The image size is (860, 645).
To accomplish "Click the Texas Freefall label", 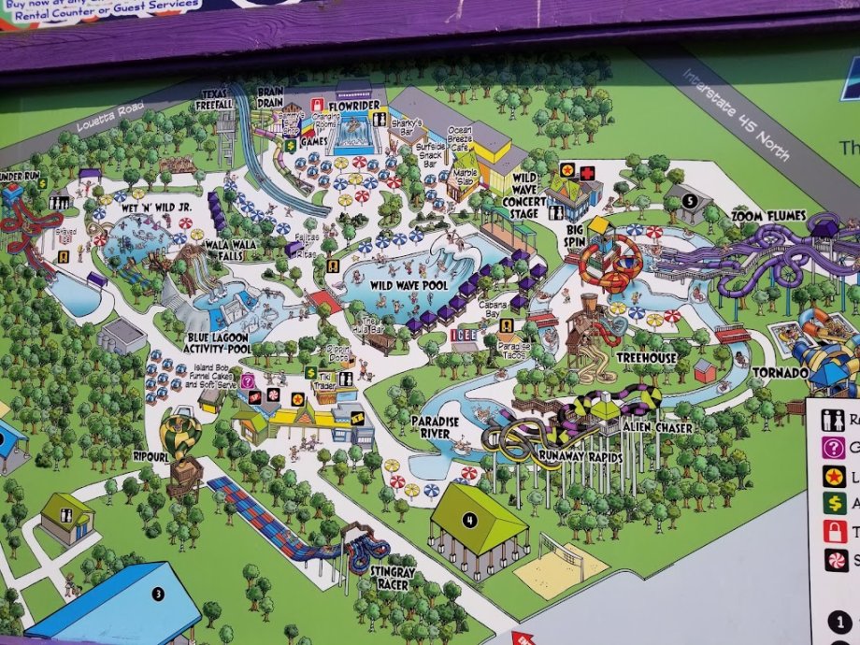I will click(x=216, y=99).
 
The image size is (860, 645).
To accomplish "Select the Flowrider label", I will click(x=356, y=105).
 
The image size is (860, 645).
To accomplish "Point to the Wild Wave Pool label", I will click(x=408, y=284).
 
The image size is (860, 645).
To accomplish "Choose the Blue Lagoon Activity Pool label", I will click(x=218, y=343).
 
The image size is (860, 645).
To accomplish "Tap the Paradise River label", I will click(x=435, y=427).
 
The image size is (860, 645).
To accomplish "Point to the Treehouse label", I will click(x=647, y=358).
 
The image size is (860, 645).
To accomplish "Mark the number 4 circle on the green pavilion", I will click(x=470, y=520).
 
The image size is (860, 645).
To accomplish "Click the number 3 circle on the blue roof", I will click(x=159, y=593).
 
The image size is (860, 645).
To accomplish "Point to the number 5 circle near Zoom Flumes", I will click(x=689, y=200).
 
